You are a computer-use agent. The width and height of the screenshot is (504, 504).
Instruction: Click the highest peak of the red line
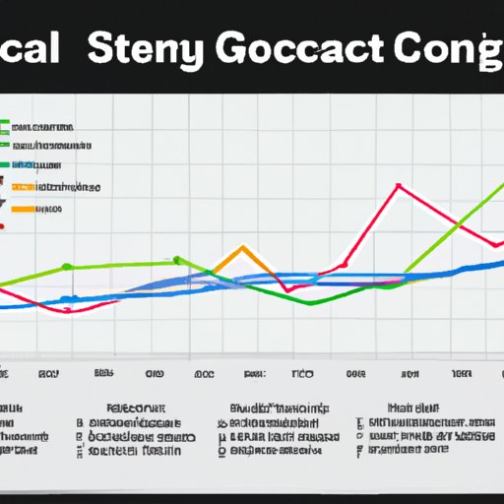(399, 185)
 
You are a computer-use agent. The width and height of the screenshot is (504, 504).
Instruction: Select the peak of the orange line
(243, 246)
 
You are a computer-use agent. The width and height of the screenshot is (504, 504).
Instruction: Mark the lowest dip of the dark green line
(309, 302)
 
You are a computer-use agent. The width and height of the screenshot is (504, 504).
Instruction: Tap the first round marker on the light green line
(67, 267)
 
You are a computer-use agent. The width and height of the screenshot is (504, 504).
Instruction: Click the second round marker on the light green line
(177, 260)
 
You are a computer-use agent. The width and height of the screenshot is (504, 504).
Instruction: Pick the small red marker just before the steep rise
(345, 264)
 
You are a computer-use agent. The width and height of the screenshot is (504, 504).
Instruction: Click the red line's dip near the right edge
(492, 247)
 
